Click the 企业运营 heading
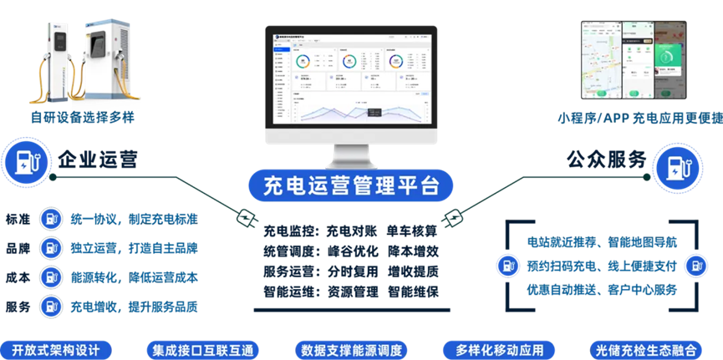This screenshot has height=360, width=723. [98, 159]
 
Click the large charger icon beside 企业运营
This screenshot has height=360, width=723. [23, 161]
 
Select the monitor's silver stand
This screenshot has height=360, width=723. [351, 155]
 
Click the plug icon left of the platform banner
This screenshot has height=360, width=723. [246, 218]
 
